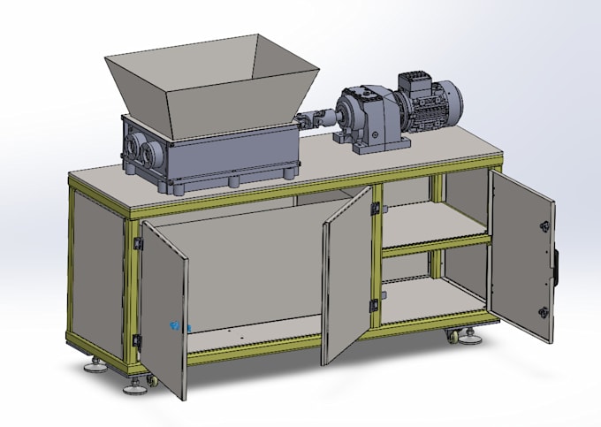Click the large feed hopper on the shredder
coord(212,84)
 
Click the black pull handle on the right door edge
coord(557,265)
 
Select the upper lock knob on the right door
coord(546,221)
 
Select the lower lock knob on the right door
coord(543,312)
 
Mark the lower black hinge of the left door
coord(137,340)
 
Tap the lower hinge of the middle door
coord(374,305)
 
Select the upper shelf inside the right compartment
coord(433,225)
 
